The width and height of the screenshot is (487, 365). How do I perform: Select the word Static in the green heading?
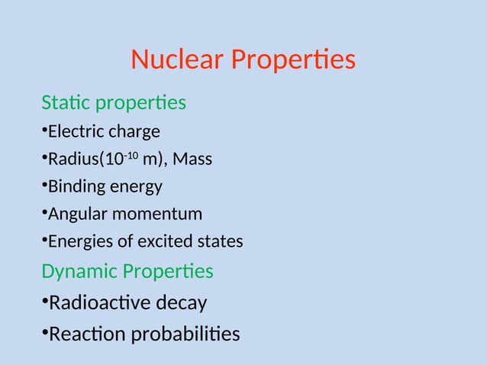(x=63, y=102)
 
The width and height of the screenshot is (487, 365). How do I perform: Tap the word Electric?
(x=75, y=131)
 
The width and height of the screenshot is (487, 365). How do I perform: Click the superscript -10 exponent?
(x=131, y=156)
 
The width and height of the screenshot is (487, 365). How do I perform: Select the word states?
(x=221, y=242)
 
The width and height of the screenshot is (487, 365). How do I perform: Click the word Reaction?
(x=82, y=334)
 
